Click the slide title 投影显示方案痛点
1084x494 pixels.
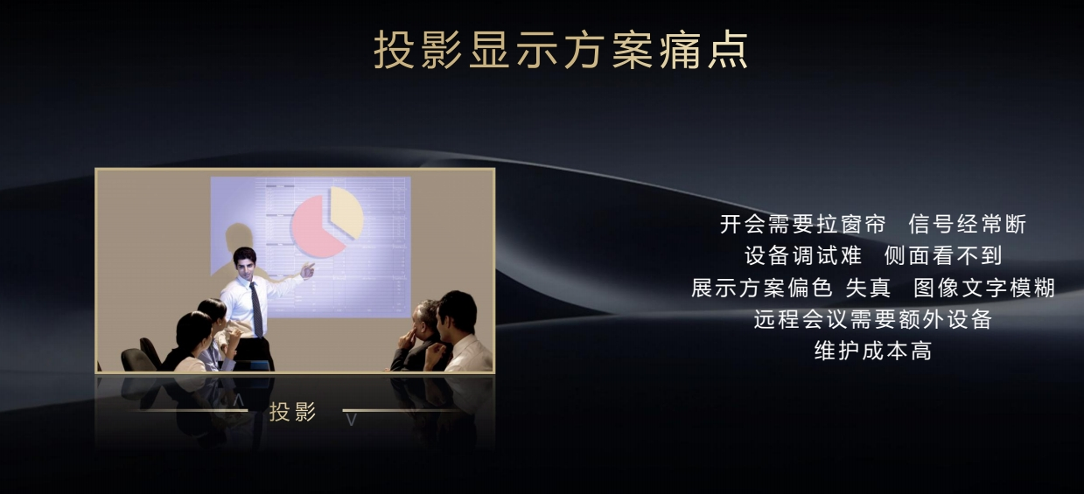562,50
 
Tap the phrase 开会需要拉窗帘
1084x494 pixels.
803,225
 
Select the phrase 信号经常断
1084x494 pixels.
968,225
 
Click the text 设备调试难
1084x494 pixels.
803,255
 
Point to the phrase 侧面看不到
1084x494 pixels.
942,255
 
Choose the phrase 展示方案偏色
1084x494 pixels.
762,288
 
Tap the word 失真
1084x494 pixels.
868,288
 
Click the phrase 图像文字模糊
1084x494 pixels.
984,288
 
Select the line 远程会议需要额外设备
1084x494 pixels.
873,319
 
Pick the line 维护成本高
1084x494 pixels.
873,351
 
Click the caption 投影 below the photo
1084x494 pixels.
292,412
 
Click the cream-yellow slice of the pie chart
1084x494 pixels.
347,212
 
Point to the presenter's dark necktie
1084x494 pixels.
256,309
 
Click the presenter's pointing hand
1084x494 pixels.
307,270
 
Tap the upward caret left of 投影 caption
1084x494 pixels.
238,400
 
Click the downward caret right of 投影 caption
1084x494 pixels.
352,420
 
